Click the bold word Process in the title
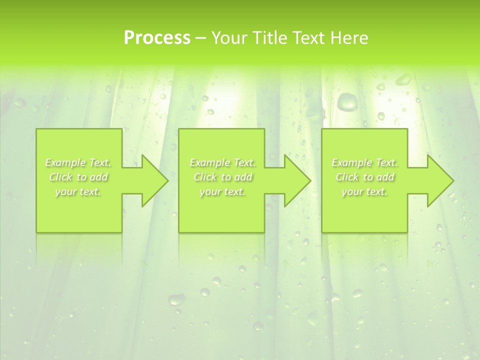(x=157, y=38)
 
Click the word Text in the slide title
(x=309, y=38)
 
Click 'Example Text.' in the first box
(x=78, y=162)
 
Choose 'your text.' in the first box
(x=78, y=191)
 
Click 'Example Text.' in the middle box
(x=222, y=162)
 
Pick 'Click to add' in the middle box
(x=222, y=177)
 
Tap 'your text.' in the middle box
(x=222, y=191)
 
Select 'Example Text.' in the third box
(x=364, y=162)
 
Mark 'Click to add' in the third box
(x=364, y=177)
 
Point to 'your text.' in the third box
(x=364, y=191)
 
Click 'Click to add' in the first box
(x=78, y=177)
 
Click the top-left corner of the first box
(x=36, y=129)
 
